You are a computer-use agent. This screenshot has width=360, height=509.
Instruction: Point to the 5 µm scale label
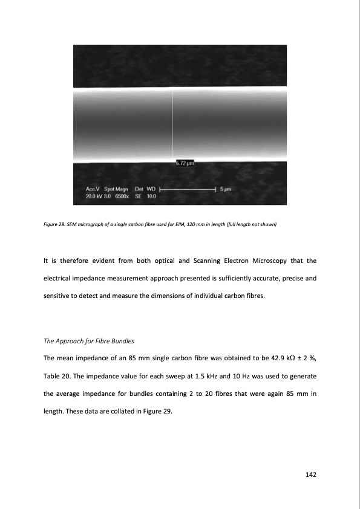pos(226,189)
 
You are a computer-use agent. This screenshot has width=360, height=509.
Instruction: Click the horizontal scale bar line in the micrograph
pos(187,189)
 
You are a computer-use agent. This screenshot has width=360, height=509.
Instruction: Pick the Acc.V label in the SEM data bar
pos(94,189)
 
